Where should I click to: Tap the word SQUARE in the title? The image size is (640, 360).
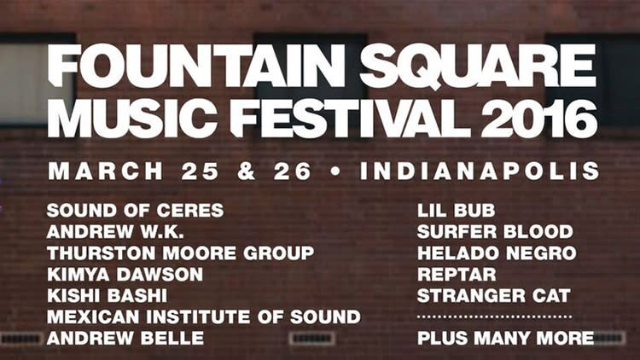[x=478, y=66]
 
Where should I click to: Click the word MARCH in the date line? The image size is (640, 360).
[x=106, y=171]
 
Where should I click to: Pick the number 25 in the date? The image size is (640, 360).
[x=200, y=171]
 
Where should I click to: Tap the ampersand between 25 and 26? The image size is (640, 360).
[x=246, y=171]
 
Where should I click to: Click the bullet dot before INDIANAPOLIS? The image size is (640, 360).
[x=335, y=171]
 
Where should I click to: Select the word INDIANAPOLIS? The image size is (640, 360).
[x=480, y=171]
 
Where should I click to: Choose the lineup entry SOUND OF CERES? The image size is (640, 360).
[x=135, y=211]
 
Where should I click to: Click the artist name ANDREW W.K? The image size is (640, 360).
[x=115, y=232]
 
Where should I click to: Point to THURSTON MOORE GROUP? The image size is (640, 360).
[x=180, y=253]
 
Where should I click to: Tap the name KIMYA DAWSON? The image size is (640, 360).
[x=125, y=275]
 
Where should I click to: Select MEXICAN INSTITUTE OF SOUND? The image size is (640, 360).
[x=204, y=316]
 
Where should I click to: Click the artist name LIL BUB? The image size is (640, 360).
[x=456, y=211]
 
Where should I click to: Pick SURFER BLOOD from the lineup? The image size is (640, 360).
[x=495, y=232]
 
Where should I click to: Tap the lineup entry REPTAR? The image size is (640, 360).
[x=457, y=275]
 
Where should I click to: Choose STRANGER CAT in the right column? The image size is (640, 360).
[x=494, y=295]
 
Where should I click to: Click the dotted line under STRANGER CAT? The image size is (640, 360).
[x=494, y=316]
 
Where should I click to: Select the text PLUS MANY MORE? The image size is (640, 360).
[x=506, y=338]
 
